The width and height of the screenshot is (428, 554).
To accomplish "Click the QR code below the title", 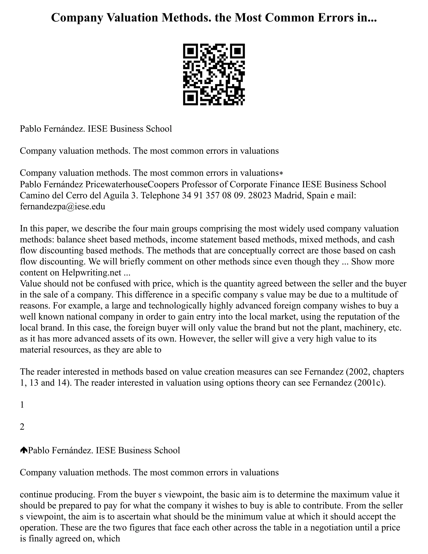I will pyautogui.click(x=214, y=74).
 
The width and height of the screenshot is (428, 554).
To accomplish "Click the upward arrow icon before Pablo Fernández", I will pyautogui.click(x=24, y=450).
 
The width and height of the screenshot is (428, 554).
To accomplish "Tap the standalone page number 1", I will pyautogui.click(x=22, y=405).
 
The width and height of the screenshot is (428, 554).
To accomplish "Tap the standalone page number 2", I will pyautogui.click(x=22, y=427).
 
